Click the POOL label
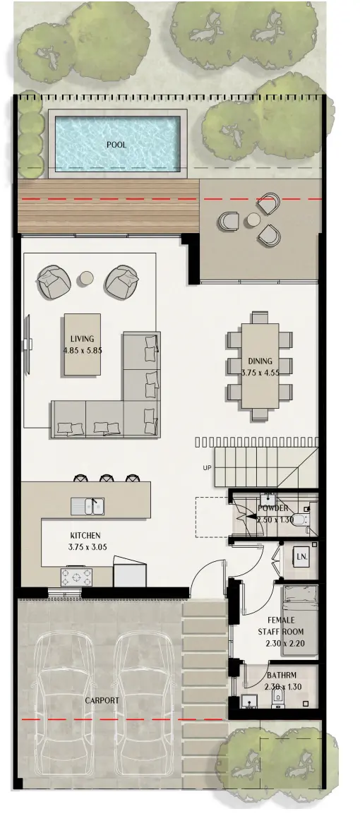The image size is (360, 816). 116,145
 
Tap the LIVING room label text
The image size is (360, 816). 82,339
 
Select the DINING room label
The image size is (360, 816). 259,361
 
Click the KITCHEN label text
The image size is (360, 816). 85,536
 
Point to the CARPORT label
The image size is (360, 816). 102,701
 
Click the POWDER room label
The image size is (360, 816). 272,508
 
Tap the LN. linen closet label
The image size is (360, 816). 301,557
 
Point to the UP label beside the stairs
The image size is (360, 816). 207,467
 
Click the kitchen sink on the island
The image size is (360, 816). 88,505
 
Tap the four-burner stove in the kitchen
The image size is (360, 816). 73,577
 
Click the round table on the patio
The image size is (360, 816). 253,221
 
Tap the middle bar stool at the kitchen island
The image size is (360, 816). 106,478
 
